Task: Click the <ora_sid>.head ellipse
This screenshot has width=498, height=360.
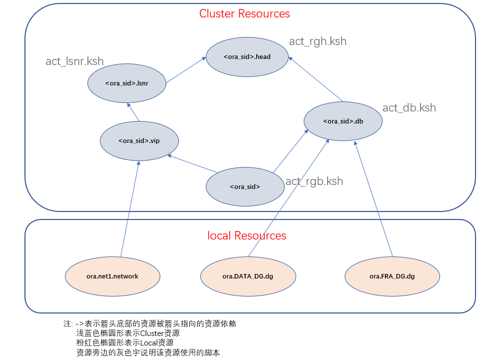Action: coord(247,56)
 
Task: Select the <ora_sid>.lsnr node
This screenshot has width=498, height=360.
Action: coord(127,83)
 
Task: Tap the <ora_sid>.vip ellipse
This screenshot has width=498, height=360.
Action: coord(139,140)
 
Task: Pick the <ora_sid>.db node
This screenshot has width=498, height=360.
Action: coord(343,121)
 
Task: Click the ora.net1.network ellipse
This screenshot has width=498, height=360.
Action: coord(112,276)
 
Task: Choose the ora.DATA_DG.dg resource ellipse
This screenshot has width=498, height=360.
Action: coord(248,276)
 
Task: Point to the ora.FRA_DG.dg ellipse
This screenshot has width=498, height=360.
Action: coord(392,276)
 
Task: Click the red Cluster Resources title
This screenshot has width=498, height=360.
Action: coord(244,13)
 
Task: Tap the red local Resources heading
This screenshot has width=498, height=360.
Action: coord(247,235)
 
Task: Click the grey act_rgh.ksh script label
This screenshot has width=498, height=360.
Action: coord(318,41)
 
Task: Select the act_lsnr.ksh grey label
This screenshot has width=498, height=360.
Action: coord(74,61)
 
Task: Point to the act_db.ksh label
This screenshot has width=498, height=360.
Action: coord(409,107)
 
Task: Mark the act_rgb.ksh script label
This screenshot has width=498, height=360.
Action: coord(314,181)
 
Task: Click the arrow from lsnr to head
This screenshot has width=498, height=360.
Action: coord(186,69)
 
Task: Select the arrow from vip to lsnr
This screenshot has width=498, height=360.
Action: coord(133,112)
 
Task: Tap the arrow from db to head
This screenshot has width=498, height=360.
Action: coord(316,79)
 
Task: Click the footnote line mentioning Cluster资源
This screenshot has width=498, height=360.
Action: coord(128,333)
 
